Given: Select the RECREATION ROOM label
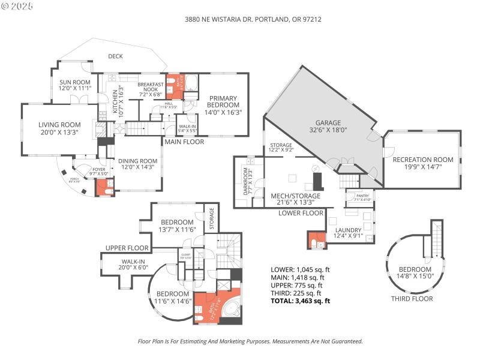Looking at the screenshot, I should pyautogui.click(x=422, y=163).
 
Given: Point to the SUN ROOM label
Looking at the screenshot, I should pyautogui.click(x=74, y=85).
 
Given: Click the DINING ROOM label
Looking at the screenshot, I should pyautogui.click(x=137, y=164).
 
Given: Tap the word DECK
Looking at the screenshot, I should pyautogui.click(x=115, y=56).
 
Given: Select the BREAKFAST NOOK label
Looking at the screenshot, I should pyautogui.click(x=151, y=89).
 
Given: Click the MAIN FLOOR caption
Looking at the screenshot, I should pyautogui.click(x=184, y=142).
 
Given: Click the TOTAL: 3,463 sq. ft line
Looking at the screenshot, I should pyautogui.click(x=300, y=301).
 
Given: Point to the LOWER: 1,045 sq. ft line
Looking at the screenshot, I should pyautogui.click(x=300, y=269).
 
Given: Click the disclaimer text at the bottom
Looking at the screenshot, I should pyautogui.click(x=250, y=341).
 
